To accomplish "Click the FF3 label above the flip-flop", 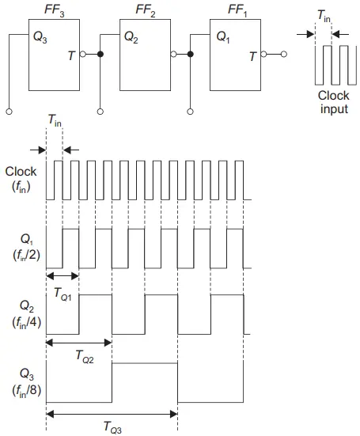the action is pyautogui.click(x=55, y=11).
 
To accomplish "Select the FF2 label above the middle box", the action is pyautogui.click(x=146, y=11).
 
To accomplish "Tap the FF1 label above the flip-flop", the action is pyautogui.click(x=237, y=11).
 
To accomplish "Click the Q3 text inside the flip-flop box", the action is pyautogui.click(x=40, y=37).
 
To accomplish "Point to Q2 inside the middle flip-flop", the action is pyautogui.click(x=131, y=37).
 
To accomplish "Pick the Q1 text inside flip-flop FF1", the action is pyautogui.click(x=223, y=37).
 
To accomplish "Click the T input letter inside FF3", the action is pyautogui.click(x=71, y=55).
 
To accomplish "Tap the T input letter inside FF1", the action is pyautogui.click(x=252, y=56).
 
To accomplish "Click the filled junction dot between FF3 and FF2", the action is pyautogui.click(x=100, y=55).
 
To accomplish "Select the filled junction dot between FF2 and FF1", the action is pyautogui.click(x=190, y=55).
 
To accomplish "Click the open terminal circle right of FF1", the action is pyautogui.click(x=284, y=55).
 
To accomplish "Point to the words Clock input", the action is pyautogui.click(x=334, y=102).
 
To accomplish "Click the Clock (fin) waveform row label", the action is pyautogui.click(x=21, y=180).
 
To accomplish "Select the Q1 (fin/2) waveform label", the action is pyautogui.click(x=27, y=248).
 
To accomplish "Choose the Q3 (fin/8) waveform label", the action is pyautogui.click(x=27, y=383).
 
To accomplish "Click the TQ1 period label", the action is pyautogui.click(x=63, y=294).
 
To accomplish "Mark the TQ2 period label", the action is pyautogui.click(x=85, y=357).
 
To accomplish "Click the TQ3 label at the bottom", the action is pyautogui.click(x=112, y=427).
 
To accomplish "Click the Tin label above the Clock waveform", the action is pyautogui.click(x=55, y=121).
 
